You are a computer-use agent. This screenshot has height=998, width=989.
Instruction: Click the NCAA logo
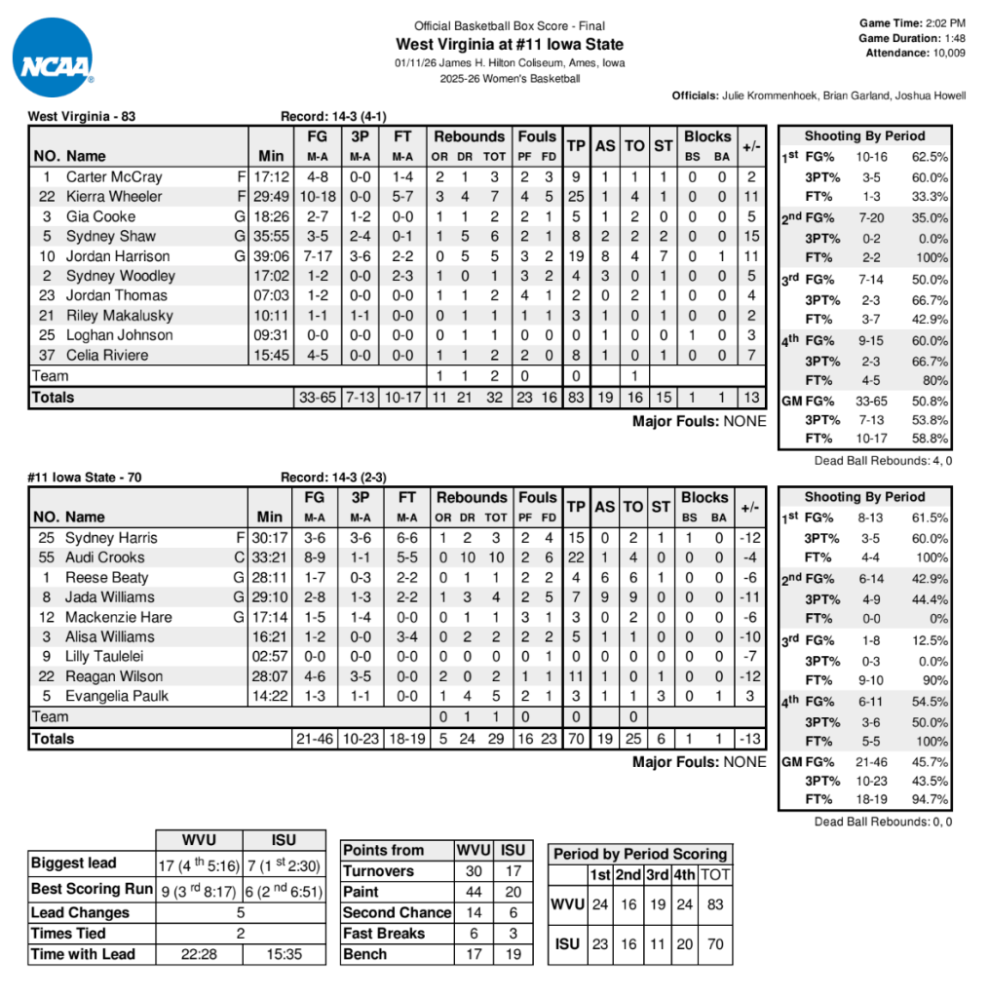click(54, 58)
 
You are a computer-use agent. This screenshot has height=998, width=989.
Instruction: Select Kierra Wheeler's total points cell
click(576, 197)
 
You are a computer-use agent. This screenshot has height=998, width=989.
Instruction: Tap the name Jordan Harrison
click(117, 256)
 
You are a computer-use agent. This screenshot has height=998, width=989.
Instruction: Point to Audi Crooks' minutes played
click(271, 557)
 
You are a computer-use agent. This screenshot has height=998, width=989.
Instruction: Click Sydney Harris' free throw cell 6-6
click(402, 538)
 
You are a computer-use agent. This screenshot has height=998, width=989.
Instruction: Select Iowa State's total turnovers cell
click(634, 739)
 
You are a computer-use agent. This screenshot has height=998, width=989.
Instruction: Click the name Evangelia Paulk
click(117, 696)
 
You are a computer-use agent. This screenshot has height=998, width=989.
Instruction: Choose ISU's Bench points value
click(513, 954)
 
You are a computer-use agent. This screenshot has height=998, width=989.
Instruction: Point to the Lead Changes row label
click(80, 913)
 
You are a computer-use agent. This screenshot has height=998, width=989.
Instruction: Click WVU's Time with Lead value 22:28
click(199, 954)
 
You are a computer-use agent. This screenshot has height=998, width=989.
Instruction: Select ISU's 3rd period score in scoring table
click(658, 943)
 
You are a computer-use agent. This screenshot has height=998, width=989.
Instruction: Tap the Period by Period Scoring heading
click(639, 854)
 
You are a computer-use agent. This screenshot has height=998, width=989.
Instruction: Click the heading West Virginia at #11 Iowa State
click(510, 44)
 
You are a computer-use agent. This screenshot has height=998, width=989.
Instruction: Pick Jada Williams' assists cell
click(605, 597)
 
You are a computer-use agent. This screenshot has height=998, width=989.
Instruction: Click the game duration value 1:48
click(954, 38)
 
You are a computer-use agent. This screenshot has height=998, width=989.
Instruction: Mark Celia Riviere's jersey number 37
click(46, 356)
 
